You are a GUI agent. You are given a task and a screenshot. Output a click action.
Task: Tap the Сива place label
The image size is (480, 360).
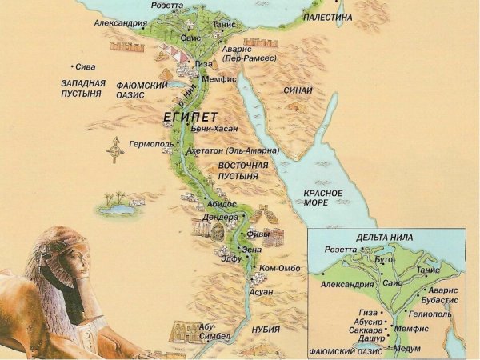point(84,67)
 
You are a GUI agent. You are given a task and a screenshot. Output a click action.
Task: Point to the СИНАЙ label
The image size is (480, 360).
point(297,90)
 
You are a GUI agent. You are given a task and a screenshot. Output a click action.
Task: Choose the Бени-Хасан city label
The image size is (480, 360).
point(210,128)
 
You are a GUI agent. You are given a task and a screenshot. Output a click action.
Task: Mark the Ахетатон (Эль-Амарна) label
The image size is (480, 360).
point(232,150)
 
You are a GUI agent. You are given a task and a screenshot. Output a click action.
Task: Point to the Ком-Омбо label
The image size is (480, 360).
point(279,268)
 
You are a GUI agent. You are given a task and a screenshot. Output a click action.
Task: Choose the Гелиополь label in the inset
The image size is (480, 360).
point(432,314)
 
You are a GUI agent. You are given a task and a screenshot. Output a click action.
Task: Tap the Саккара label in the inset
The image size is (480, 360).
point(366,328)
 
